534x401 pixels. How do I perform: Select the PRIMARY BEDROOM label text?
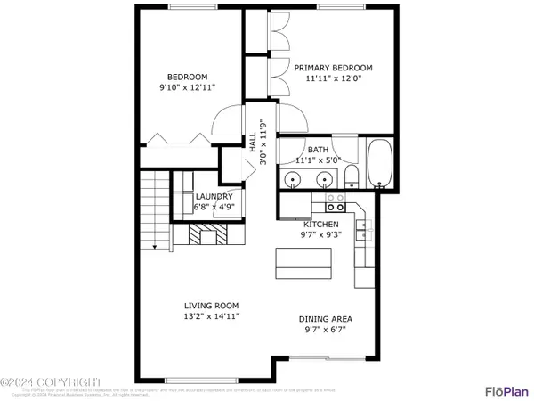333,68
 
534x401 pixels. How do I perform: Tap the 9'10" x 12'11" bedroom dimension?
187,87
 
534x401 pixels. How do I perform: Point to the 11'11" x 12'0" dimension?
333,78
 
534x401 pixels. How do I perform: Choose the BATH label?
319,150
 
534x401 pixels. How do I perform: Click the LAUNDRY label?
214,197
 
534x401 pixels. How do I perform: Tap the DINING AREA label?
325,318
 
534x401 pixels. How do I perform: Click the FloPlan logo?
503,389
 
